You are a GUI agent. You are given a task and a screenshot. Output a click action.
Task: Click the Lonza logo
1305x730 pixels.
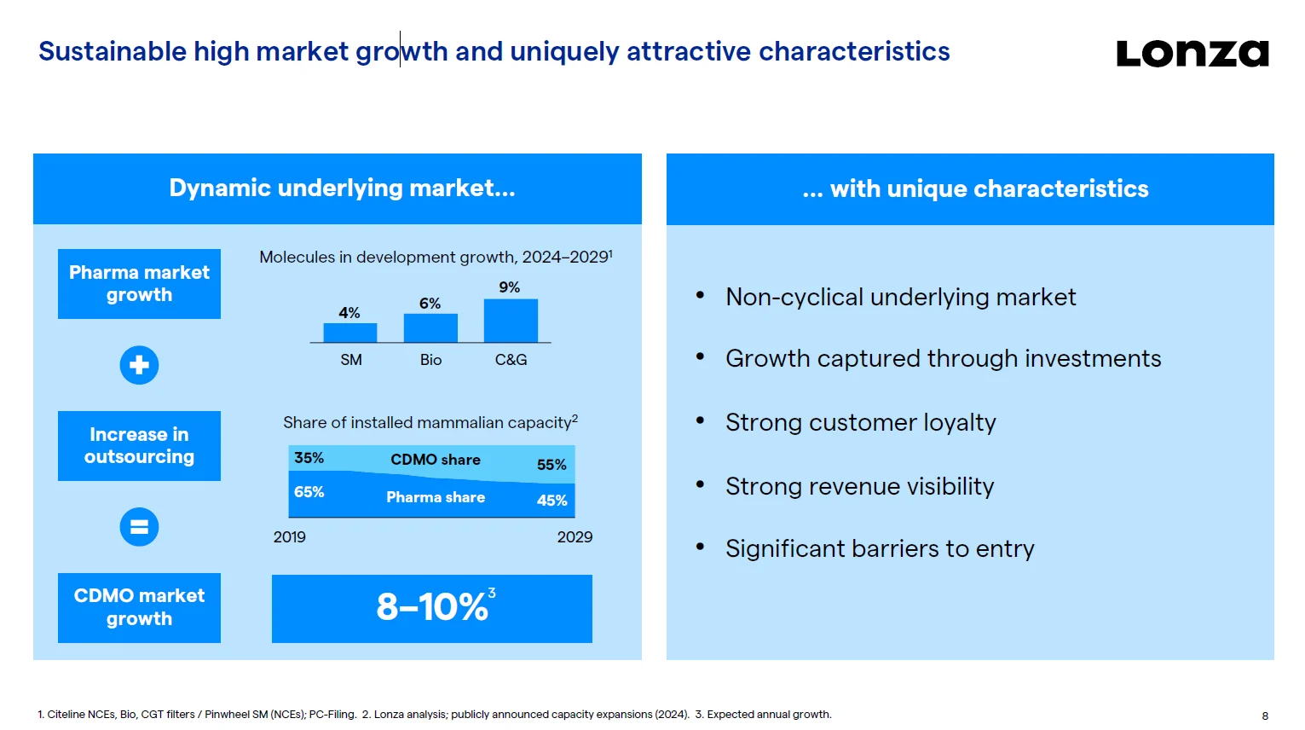1192,54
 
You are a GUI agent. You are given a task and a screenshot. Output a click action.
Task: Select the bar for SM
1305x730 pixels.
349,333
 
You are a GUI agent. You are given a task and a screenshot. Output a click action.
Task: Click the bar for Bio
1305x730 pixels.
430,328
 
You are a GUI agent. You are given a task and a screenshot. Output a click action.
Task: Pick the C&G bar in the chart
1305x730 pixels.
511,321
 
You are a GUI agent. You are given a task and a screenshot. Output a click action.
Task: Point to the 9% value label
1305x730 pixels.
509,287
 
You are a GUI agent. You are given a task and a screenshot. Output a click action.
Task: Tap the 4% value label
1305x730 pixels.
349,313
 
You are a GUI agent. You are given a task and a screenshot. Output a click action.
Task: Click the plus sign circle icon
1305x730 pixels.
139,365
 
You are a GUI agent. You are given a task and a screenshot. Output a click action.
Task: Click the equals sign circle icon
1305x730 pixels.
139,527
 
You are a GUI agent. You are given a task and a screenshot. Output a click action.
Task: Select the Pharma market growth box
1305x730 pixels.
139,284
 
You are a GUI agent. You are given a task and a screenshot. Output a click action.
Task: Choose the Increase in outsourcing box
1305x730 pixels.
139,446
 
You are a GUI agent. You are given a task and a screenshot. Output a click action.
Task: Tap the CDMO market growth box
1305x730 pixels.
139,607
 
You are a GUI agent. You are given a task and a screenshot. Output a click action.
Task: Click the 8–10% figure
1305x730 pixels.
432,608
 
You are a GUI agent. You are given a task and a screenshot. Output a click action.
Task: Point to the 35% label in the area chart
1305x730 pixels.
309,458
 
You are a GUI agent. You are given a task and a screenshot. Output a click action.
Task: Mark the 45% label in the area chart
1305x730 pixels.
551,501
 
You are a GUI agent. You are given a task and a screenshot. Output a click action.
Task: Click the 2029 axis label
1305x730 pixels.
575,537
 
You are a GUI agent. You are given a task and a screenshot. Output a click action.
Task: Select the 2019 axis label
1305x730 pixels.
289,537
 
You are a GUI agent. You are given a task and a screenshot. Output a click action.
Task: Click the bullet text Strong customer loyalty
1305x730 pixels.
860,423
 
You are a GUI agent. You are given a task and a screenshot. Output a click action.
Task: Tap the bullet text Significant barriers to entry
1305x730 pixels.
880,548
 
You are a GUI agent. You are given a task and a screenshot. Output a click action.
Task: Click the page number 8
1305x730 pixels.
1265,716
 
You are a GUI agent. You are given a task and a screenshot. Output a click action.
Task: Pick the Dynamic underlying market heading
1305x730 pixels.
342,188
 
